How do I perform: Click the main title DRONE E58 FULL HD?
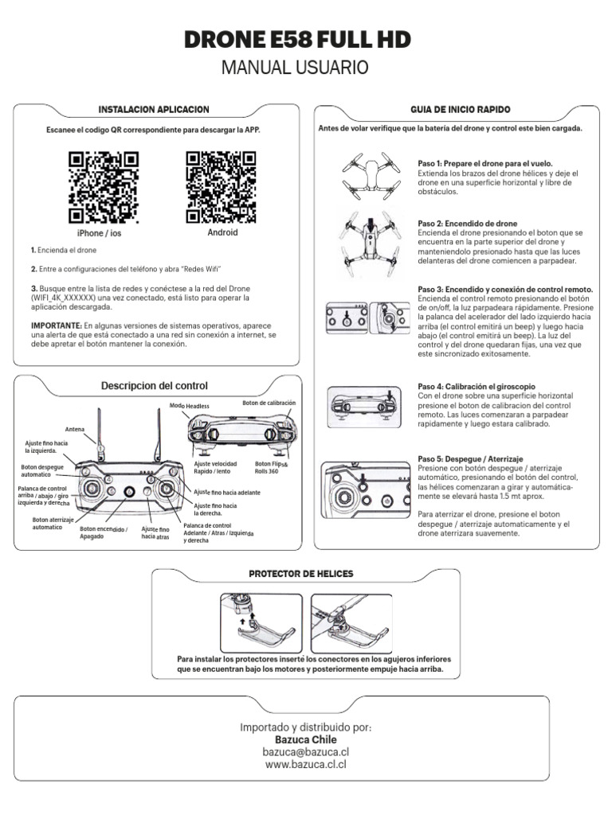tap(306, 41)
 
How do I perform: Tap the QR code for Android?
tap(222, 187)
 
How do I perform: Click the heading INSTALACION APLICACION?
tap(153, 109)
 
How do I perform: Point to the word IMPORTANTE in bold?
tap(56, 326)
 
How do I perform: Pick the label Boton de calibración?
tap(269, 404)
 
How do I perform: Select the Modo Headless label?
tap(190, 406)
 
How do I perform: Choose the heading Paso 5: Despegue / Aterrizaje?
tap(470, 459)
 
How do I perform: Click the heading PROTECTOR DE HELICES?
tap(300, 574)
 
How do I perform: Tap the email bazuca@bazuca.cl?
tap(305, 751)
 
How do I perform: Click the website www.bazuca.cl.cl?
tap(305, 764)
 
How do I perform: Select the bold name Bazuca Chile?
tap(305, 739)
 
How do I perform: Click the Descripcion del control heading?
tap(154, 386)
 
